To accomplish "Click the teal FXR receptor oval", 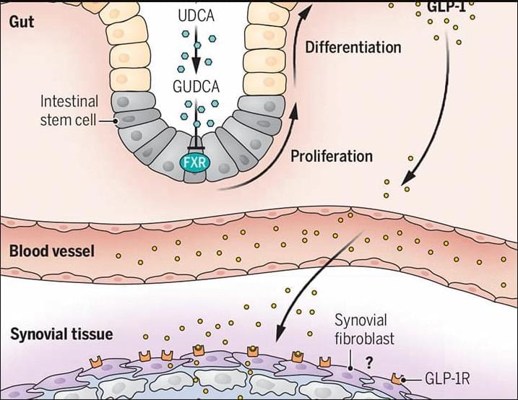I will tap(194, 161).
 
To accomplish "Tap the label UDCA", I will tap(195, 15).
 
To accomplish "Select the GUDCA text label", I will tap(196, 87).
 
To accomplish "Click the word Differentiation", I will tap(353, 48).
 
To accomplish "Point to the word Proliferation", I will tap(332, 155).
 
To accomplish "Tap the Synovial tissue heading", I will tap(61, 334).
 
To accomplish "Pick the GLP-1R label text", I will tap(447, 379).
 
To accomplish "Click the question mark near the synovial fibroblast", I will tap(368, 363).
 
